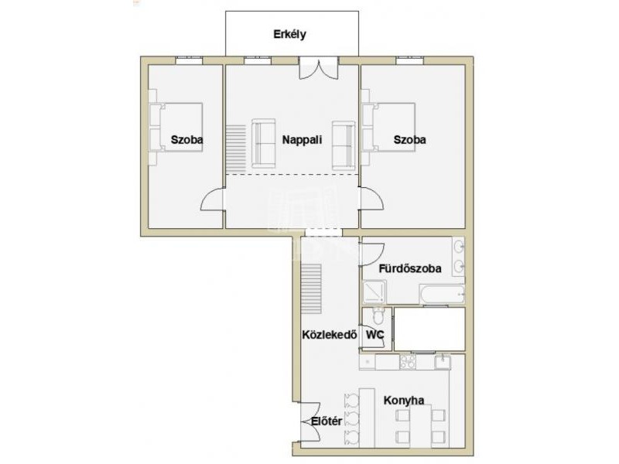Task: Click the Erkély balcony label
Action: pyautogui.click(x=289, y=34)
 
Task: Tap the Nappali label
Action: pyautogui.click(x=302, y=140)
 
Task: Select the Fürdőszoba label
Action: pyautogui.click(x=410, y=268)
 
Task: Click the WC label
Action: pyautogui.click(x=375, y=335)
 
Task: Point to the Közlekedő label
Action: pyautogui.click(x=330, y=335)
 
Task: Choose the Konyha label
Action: pyautogui.click(x=404, y=401)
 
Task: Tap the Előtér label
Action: pyautogui.click(x=327, y=421)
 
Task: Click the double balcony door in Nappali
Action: pyautogui.click(x=319, y=68)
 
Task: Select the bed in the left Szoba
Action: pyautogui.click(x=176, y=128)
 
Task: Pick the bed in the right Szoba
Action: pyautogui.click(x=389, y=127)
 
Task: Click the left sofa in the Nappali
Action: pyautogui.click(x=263, y=143)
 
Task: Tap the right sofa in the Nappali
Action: pyautogui.click(x=344, y=145)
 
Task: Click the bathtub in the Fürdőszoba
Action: pyautogui.click(x=442, y=295)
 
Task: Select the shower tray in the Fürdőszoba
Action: pyautogui.click(x=374, y=292)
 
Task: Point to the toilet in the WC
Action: pyautogui.click(x=378, y=316)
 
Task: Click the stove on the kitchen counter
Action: pyautogui.click(x=408, y=362)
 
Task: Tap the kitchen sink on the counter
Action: pyautogui.click(x=443, y=362)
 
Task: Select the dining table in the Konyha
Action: pyautogui.click(x=420, y=427)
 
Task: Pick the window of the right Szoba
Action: pyautogui.click(x=410, y=60)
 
